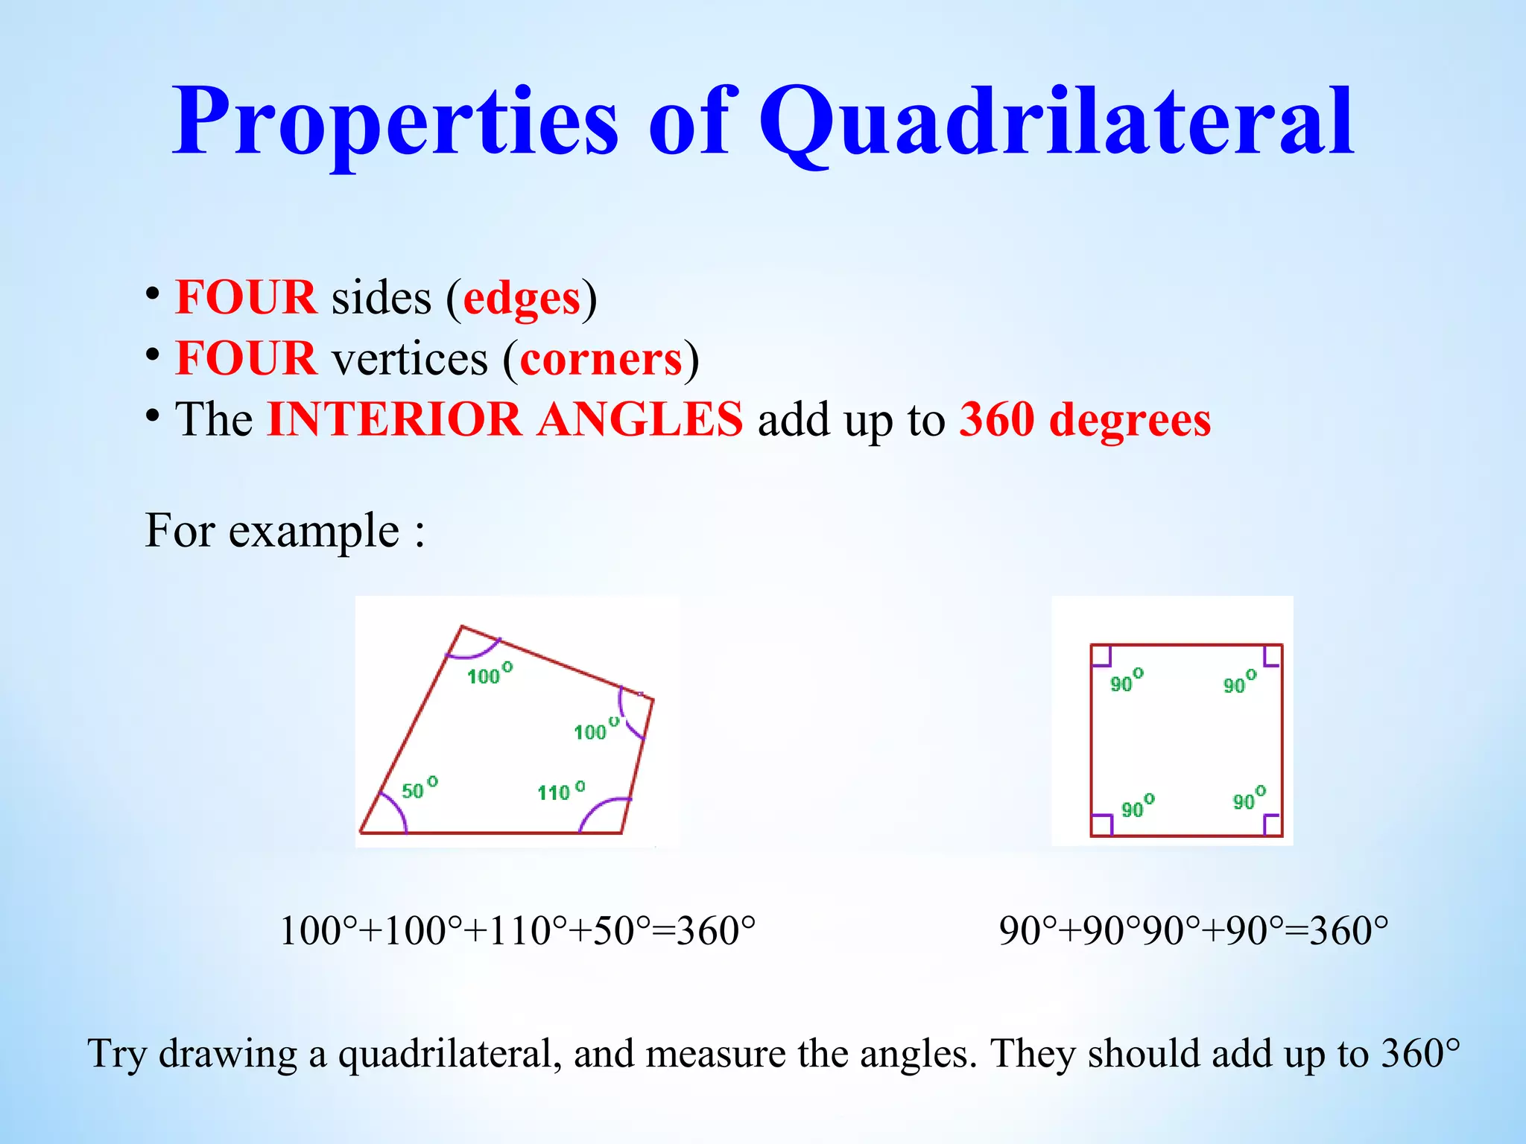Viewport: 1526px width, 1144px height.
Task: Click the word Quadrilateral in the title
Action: tap(1055, 123)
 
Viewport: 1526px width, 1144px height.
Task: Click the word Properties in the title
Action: tap(395, 123)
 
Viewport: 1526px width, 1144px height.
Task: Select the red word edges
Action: tap(522, 299)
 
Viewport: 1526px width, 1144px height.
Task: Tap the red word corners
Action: tap(601, 360)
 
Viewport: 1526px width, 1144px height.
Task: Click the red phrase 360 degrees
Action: tap(1085, 420)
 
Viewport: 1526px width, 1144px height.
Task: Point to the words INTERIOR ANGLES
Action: tap(504, 420)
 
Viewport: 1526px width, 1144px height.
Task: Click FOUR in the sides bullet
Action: tap(246, 298)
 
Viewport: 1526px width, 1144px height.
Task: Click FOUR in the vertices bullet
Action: tap(246, 359)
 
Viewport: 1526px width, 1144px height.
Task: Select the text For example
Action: tap(285, 531)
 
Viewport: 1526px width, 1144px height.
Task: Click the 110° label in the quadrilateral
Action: tap(560, 791)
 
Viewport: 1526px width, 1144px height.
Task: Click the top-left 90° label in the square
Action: tap(1126, 681)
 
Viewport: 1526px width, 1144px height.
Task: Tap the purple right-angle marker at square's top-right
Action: tap(1271, 657)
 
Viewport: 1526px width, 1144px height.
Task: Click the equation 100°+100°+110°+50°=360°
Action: tap(517, 931)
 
